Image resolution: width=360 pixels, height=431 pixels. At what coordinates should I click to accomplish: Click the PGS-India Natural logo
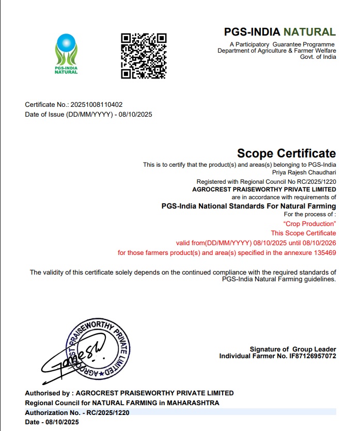66,53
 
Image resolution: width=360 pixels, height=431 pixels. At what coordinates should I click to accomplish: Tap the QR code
143,56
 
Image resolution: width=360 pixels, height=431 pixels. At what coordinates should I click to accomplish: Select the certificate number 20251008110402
97,105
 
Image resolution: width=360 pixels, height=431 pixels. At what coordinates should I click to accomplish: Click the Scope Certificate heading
286,153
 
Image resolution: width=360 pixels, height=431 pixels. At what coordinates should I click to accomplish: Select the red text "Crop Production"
310,224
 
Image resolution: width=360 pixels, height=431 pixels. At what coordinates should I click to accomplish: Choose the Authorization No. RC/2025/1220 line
77,412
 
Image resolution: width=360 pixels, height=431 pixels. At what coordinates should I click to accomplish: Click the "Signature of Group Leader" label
293,349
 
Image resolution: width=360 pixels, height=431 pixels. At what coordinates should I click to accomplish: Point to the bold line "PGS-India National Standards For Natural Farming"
248,205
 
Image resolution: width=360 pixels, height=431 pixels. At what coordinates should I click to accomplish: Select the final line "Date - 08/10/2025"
52,422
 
